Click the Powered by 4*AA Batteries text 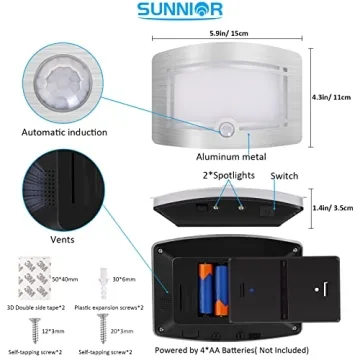(x=246, y=351)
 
